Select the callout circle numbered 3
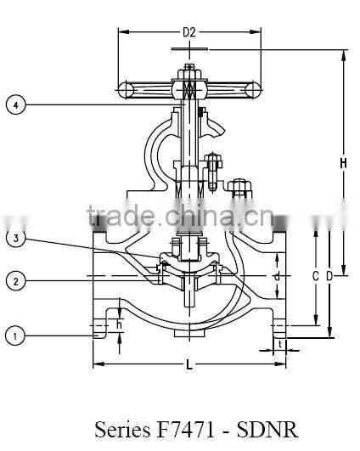point(15,239)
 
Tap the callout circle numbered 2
point(15,280)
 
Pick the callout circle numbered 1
point(15,336)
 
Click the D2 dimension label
point(188,33)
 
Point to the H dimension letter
point(343,163)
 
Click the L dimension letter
point(188,365)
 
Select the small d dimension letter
point(277,276)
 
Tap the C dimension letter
point(315,276)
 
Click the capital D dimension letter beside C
point(329,276)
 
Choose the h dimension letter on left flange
point(119,324)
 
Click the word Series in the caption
point(121,428)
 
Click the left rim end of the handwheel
point(124,87)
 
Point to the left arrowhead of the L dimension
point(96,364)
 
